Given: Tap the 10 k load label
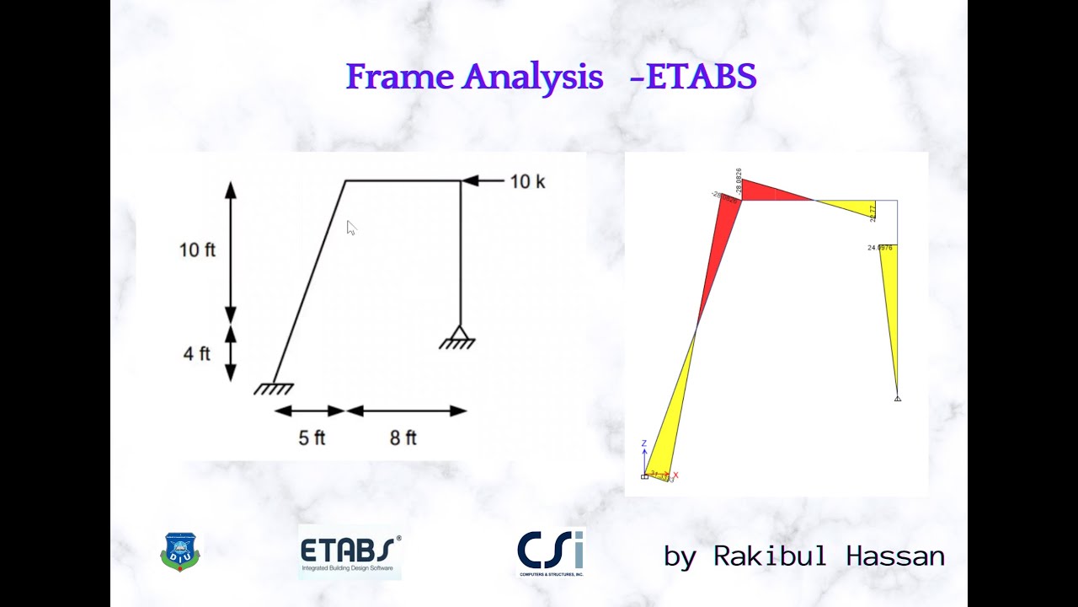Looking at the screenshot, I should pos(527,181).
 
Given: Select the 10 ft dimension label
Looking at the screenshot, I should pos(197,250).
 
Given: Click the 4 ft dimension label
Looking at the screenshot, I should pos(197,353).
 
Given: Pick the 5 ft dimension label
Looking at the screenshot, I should pos(312,438).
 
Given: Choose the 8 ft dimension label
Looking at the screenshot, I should pos(403,438).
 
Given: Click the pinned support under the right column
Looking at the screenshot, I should pos(458,337).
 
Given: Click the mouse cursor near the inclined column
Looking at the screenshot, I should pos(351,228).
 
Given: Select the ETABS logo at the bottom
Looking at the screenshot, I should pos(350,554).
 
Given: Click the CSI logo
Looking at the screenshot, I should pos(551,553).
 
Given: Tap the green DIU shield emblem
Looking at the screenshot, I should pos(179,552).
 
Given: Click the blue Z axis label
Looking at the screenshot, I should pos(643,443).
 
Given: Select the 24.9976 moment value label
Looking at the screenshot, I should pos(880,248).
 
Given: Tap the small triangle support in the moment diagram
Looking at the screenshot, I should pos(898,398).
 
